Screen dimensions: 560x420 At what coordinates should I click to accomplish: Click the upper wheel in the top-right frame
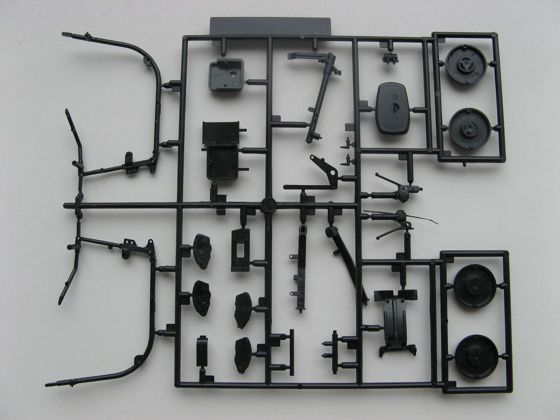(466, 64)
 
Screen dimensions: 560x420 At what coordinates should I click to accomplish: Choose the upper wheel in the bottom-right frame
(475, 286)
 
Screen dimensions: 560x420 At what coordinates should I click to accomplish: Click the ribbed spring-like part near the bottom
(202, 352)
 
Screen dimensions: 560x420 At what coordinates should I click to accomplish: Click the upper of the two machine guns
(399, 189)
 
